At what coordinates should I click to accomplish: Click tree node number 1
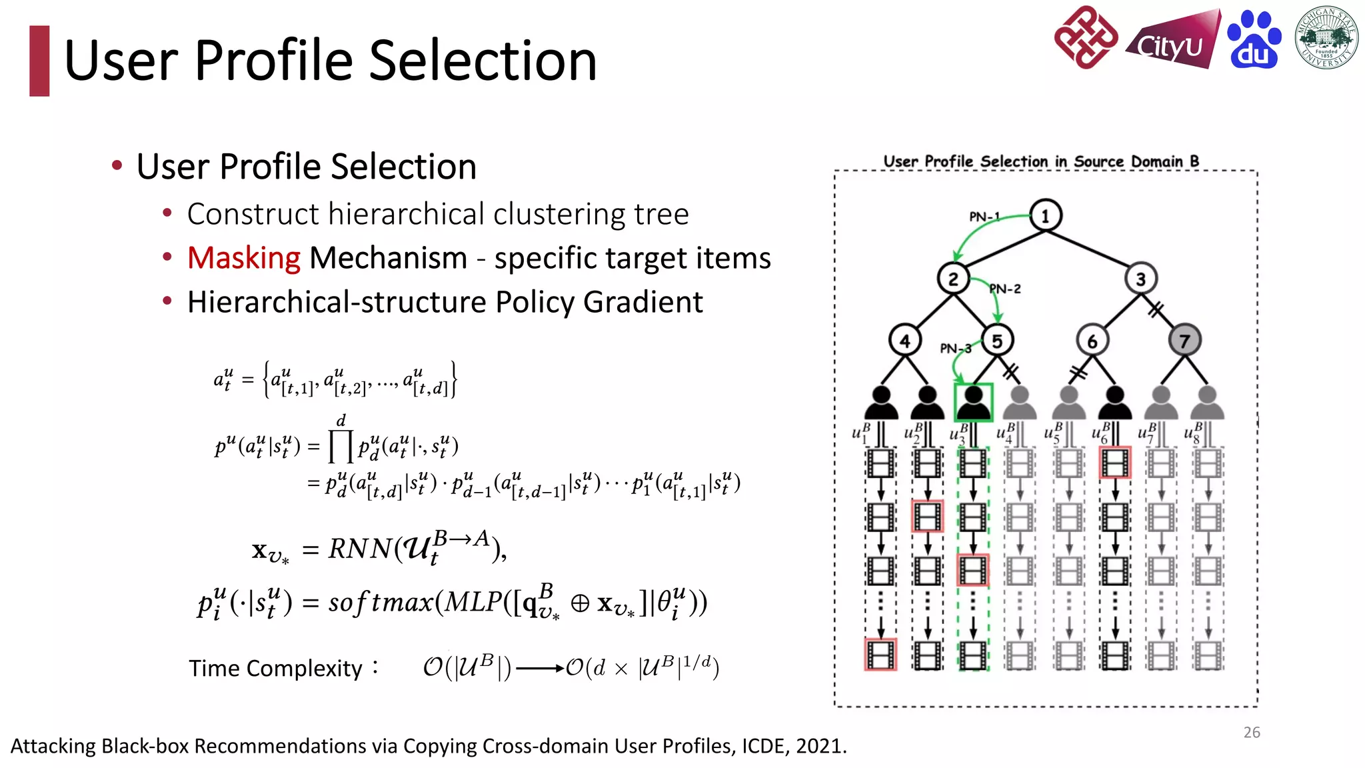1045,215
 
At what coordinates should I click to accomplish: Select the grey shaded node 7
1184,341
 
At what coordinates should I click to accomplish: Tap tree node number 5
997,341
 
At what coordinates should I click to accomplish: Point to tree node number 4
904,341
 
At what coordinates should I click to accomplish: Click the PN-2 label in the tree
1005,289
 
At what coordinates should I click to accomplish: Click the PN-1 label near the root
984,217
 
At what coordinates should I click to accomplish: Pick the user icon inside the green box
973,402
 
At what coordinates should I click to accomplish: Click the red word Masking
244,258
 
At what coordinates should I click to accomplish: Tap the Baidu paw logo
1254,40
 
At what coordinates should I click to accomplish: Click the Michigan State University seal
1326,38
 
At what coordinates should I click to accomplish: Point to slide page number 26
1251,732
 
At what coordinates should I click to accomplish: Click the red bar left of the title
39,61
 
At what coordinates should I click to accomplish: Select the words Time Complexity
275,668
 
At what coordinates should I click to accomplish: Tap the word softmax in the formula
381,602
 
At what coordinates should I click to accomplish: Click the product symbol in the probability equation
341,446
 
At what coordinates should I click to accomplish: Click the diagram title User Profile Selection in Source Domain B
1041,161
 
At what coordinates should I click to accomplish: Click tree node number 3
1140,279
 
